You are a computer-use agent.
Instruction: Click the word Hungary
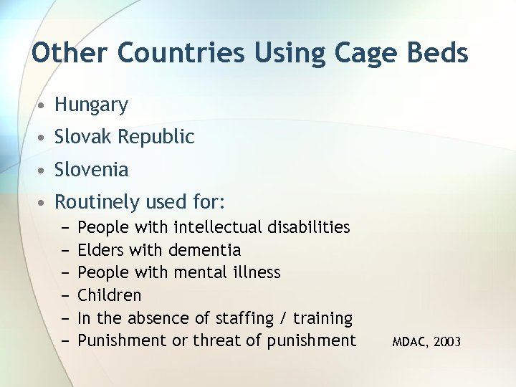pos(91,105)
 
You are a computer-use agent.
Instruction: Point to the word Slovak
pos(81,137)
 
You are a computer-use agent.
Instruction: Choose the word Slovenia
pos(92,170)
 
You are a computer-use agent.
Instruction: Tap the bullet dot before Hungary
pos(44,106)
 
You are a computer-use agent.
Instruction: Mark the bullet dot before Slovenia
pos(44,171)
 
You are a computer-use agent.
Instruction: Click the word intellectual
pos(218,228)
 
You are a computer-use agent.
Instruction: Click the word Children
pos(109,295)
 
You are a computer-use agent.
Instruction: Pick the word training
pos(325,317)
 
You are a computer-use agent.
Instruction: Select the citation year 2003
pos(448,343)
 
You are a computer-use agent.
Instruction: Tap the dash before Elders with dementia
pos(64,250)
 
